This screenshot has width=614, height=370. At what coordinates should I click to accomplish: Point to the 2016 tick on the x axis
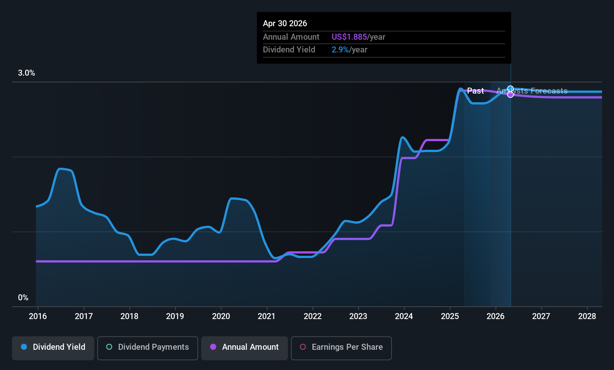coord(38,316)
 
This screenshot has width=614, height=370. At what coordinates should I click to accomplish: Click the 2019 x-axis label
coord(175,316)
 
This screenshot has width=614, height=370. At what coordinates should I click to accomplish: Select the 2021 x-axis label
coord(267,316)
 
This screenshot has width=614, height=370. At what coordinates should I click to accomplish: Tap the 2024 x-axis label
coord(404,316)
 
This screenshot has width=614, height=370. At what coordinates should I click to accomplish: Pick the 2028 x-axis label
coord(587,316)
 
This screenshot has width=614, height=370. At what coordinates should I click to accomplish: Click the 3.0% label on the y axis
coord(27,73)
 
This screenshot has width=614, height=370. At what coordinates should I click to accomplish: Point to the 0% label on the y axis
coord(23,298)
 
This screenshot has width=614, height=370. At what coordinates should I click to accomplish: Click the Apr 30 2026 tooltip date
coord(285,23)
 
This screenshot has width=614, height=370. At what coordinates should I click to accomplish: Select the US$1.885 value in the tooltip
coord(349,37)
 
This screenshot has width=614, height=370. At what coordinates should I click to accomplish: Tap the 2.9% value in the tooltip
coord(340,50)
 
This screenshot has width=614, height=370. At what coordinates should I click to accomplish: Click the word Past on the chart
coord(475,91)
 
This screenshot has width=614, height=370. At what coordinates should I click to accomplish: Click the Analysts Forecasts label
coord(532,91)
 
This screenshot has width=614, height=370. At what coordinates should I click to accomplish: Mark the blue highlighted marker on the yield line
coord(510,89)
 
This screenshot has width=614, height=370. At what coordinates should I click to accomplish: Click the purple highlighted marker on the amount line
coord(510,94)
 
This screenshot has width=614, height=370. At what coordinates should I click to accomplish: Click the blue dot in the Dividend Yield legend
coord(24,347)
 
